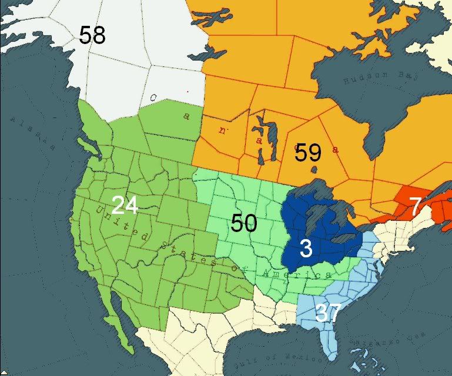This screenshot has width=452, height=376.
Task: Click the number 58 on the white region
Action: [92, 35]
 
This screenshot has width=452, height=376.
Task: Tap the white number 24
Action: [125, 205]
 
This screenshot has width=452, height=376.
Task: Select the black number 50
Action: [243, 223]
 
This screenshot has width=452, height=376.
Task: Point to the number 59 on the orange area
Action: [308, 153]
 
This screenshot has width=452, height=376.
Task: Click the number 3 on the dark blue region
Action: [306, 249]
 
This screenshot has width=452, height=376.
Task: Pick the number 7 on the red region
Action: [416, 206]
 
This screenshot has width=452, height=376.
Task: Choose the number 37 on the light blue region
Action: [329, 313]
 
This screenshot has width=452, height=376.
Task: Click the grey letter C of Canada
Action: [152, 98]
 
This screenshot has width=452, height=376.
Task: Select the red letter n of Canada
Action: [221, 130]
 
